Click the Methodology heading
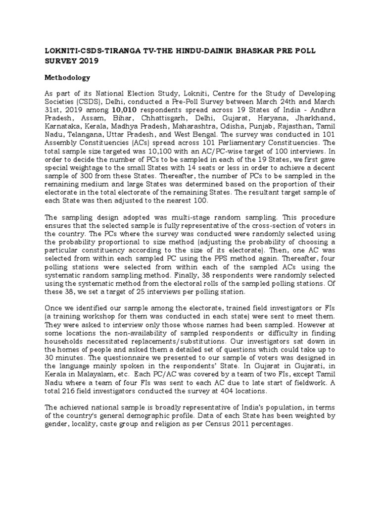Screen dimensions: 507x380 (66, 78)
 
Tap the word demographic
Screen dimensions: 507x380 (159, 416)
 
